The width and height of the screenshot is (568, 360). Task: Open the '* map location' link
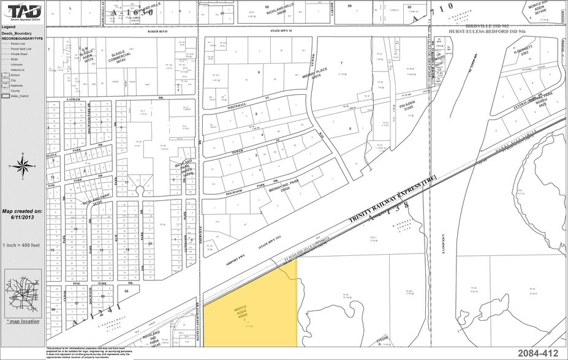(x=22, y=321)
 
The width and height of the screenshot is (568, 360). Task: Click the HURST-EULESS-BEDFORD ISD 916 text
(x=498, y=31)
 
